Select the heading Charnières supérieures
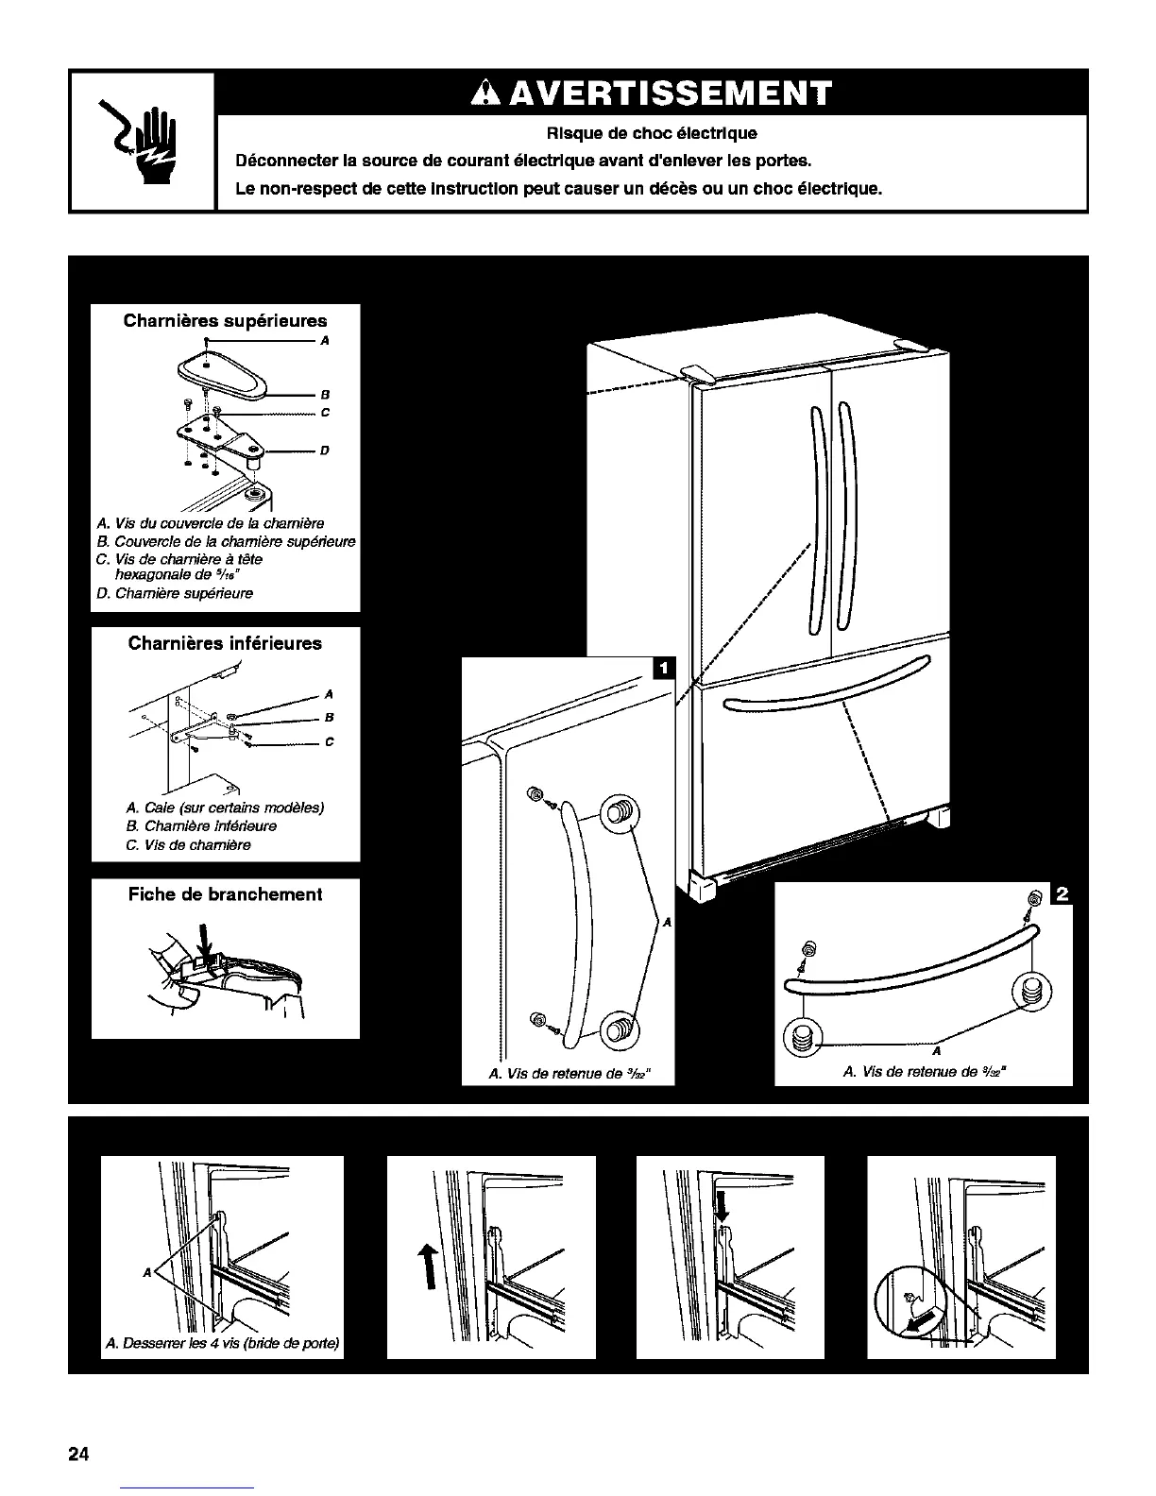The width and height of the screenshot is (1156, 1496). [x=225, y=321]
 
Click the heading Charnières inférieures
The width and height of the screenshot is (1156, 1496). [x=225, y=644]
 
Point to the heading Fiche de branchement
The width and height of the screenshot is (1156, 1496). [x=225, y=894]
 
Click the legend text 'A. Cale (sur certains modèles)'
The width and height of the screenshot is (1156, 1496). [x=225, y=808]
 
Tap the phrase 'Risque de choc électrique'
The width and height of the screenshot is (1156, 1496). [x=652, y=133]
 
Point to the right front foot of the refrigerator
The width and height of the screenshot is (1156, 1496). [x=937, y=818]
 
